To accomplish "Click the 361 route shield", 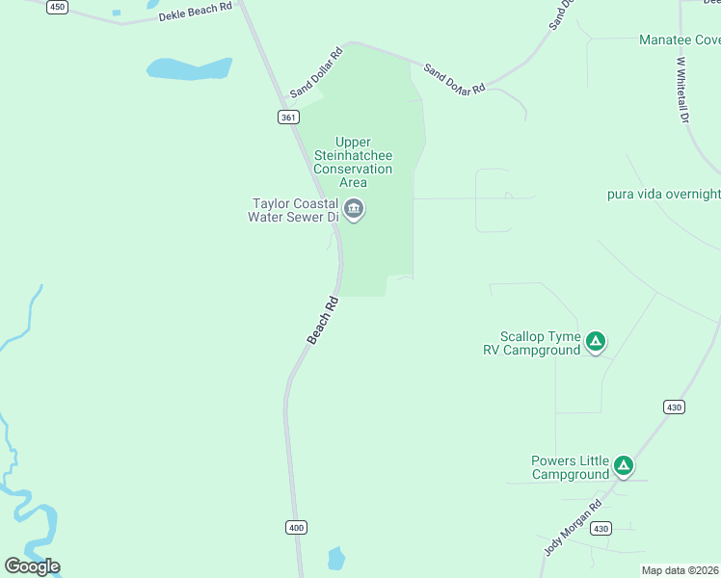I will coord(288,117).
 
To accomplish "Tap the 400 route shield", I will coord(296,527).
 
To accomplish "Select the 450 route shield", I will coord(58,7).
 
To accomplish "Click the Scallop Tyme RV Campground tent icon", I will coord(597,340).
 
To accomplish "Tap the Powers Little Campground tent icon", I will coord(624,466).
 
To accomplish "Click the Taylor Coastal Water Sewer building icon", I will coord(354,209).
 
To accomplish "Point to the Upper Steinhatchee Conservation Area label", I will coord(353,162).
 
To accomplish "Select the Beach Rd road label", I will coord(323,320).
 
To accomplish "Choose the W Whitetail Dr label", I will coord(683,89).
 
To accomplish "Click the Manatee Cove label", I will coord(680,40).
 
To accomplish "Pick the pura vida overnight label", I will coord(663,194).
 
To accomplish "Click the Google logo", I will coord(32,566).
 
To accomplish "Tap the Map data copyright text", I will coord(680,570).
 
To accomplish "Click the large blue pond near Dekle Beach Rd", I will coord(189,69).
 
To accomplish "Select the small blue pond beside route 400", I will coord(335,558).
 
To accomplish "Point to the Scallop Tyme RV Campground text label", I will coord(532,344).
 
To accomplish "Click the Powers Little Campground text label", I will coord(571,467).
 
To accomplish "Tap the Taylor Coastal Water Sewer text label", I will coord(295,210).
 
